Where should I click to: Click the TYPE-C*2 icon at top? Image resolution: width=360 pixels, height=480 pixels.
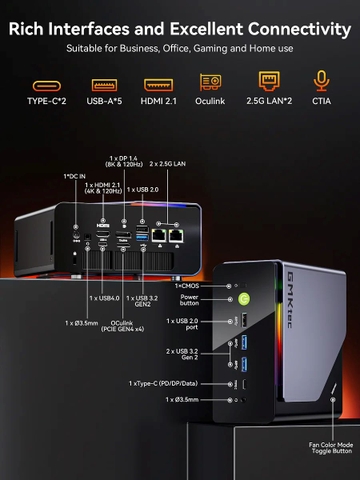point(46,85)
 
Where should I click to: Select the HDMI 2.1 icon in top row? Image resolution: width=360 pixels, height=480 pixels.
point(158,85)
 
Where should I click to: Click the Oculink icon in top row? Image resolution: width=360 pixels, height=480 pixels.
point(211,83)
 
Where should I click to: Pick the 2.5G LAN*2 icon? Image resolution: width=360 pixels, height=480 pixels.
point(268,83)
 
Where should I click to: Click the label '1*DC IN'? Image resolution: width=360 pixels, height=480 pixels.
point(75,177)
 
